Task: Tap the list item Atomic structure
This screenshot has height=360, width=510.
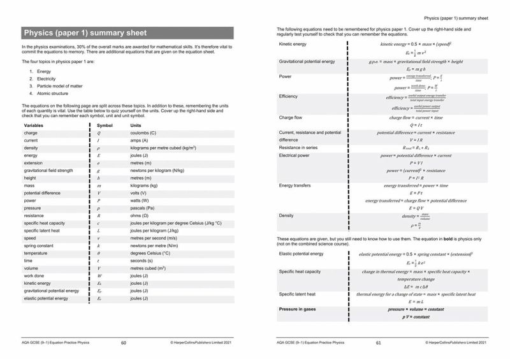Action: (x=52, y=93)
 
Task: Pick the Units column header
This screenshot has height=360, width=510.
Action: (x=136, y=126)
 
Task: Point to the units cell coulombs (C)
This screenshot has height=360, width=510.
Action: (x=143, y=133)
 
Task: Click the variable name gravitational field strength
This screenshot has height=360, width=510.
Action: (x=48, y=171)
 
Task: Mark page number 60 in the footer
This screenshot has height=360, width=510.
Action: (x=124, y=343)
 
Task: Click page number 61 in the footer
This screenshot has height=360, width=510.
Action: (x=378, y=343)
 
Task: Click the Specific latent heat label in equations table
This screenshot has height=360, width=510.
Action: (x=297, y=294)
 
